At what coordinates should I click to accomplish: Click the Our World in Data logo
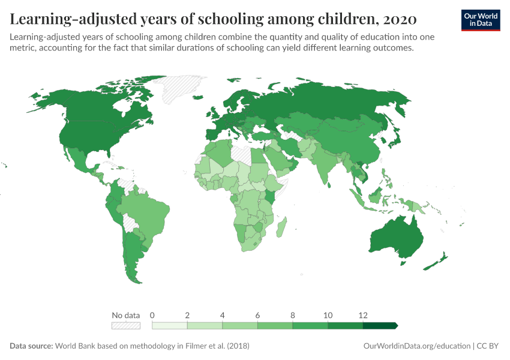480,20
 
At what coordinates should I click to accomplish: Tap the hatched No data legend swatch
126,326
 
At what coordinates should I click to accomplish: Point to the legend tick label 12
362,315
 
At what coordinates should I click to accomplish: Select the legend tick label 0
152,315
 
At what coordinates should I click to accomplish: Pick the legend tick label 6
257,315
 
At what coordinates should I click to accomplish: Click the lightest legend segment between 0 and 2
170,326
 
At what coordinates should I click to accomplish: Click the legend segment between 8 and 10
310,326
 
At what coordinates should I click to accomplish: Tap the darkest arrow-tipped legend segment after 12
379,326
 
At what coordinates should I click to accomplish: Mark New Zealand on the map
437,261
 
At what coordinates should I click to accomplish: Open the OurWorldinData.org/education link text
417,346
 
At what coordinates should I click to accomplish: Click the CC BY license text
488,346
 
